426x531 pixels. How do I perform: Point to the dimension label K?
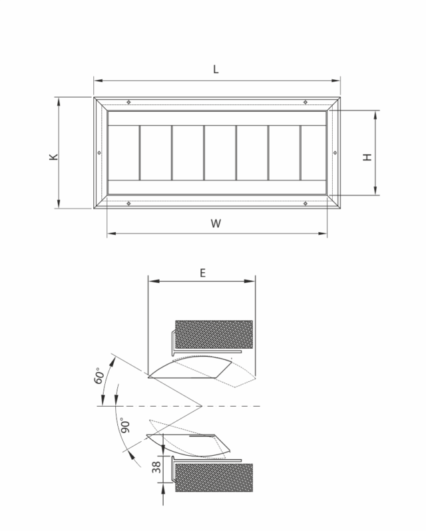tap(53, 157)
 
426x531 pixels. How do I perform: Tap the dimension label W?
tap(216, 224)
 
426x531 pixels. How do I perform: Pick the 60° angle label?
tap(99, 377)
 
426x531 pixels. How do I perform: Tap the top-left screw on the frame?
tap(128, 102)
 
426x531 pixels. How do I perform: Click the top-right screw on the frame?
tap(305, 102)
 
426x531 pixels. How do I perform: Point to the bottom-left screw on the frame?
tap(128, 204)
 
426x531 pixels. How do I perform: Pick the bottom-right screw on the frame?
tap(305, 204)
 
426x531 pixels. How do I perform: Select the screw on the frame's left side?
tap(99, 153)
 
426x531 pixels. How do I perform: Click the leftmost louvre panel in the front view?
tap(123, 153)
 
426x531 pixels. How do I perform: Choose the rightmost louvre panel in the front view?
tap(313, 153)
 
